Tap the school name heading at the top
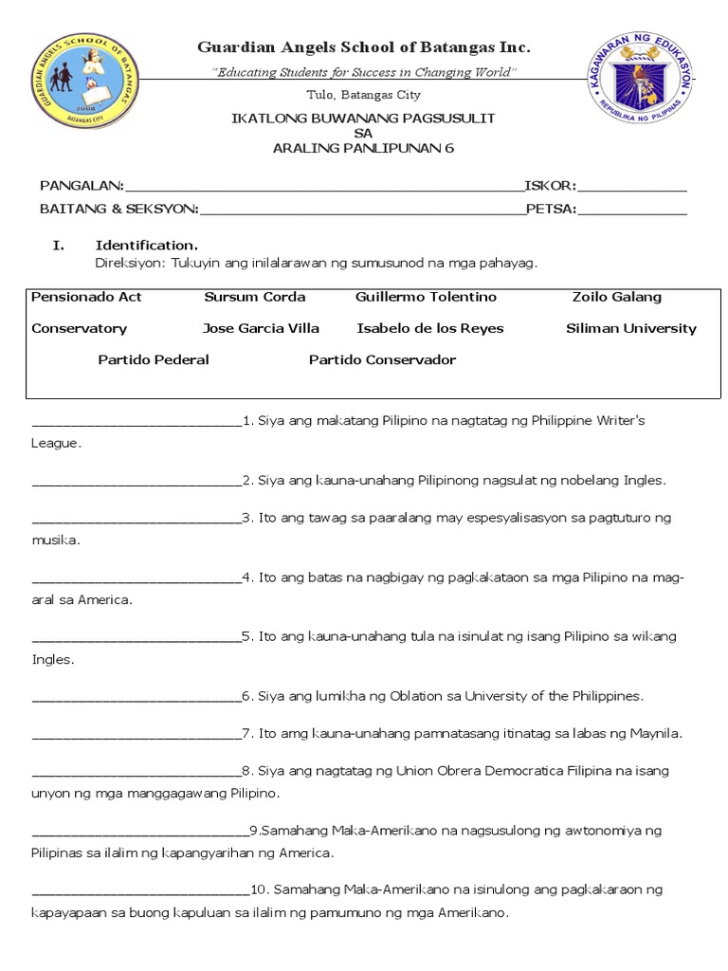pyautogui.click(x=363, y=47)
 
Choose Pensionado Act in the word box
pyautogui.click(x=86, y=297)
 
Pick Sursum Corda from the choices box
pyautogui.click(x=255, y=297)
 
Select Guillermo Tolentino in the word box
pyautogui.click(x=426, y=297)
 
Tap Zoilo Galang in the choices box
pyautogui.click(x=617, y=297)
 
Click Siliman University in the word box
pyautogui.click(x=630, y=329)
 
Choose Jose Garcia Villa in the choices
pyautogui.click(x=261, y=329)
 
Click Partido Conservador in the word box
pyautogui.click(x=382, y=360)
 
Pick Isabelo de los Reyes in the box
pyautogui.click(x=430, y=329)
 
